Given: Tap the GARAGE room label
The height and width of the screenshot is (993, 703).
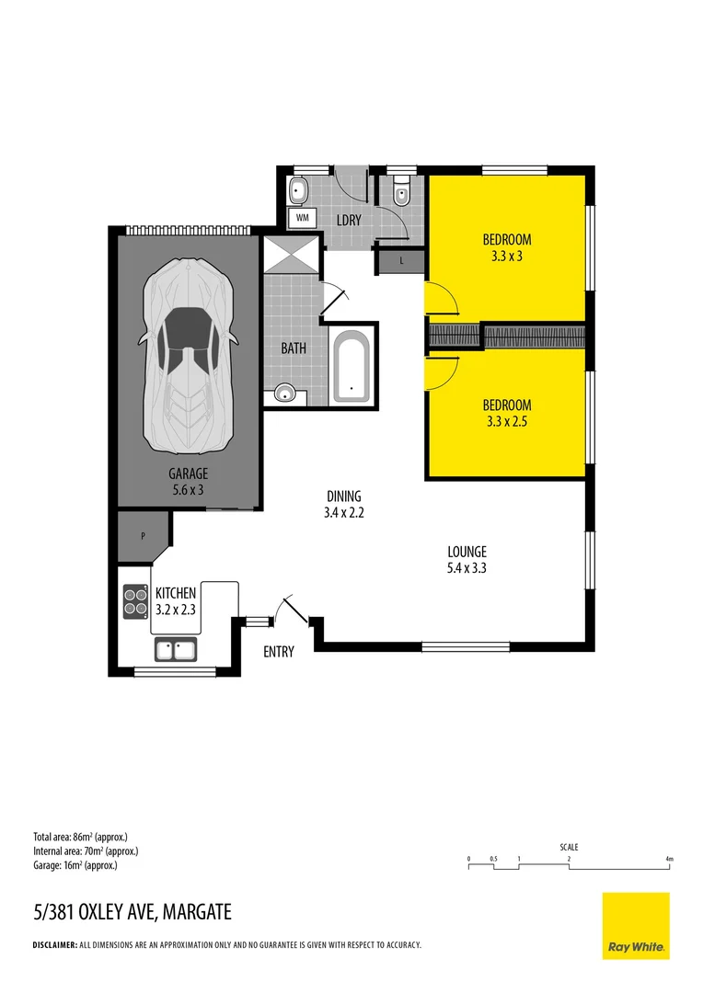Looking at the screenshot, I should [x=188, y=474].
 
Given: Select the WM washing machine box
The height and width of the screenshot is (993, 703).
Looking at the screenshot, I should [x=302, y=218].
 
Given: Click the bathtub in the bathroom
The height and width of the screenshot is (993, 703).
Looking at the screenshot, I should [x=351, y=368].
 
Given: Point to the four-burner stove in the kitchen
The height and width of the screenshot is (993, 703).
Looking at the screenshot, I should [x=136, y=601].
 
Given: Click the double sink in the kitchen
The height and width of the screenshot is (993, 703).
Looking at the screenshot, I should [x=175, y=650].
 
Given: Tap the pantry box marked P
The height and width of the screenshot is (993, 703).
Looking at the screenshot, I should [x=143, y=535].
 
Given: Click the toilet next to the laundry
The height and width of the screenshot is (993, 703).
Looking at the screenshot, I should [x=400, y=193].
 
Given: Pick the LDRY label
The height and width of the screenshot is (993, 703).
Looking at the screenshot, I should [x=349, y=221].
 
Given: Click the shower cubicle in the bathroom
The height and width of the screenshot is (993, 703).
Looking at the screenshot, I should [x=293, y=254].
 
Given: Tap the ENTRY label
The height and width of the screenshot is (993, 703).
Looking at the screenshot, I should [x=279, y=652].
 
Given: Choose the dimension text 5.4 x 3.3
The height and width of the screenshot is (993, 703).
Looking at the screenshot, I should [x=466, y=568].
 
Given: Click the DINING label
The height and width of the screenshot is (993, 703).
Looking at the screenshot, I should [x=344, y=496].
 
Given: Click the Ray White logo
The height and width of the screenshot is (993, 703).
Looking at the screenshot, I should [x=636, y=926].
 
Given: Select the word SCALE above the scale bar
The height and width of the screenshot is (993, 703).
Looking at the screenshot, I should [x=569, y=847].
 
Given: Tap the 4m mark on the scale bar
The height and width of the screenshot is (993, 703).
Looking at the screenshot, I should [x=669, y=859].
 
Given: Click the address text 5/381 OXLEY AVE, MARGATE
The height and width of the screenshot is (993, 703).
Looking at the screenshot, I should [x=132, y=913].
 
